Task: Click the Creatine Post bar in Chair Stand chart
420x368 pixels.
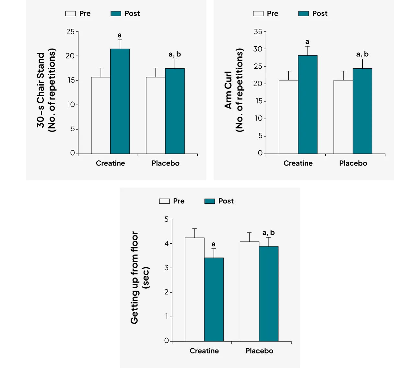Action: click(x=120, y=101)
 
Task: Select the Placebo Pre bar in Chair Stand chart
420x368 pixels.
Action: click(x=156, y=115)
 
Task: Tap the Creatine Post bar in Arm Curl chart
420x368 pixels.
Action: click(x=308, y=104)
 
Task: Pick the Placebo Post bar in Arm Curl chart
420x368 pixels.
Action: click(x=362, y=111)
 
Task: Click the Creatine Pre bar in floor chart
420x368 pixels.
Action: click(x=194, y=289)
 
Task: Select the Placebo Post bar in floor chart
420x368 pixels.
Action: click(x=269, y=293)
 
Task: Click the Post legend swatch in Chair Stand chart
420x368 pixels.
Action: click(x=116, y=14)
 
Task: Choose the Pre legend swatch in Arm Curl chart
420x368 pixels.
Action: click(x=258, y=14)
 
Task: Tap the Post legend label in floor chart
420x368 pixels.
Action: click(x=226, y=201)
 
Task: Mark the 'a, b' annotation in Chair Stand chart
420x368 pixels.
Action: click(x=175, y=54)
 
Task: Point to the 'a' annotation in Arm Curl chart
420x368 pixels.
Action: click(x=307, y=42)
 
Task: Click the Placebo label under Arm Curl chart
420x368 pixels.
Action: click(x=353, y=163)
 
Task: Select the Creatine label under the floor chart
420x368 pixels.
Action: click(x=204, y=351)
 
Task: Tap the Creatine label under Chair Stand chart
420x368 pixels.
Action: click(x=110, y=163)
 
